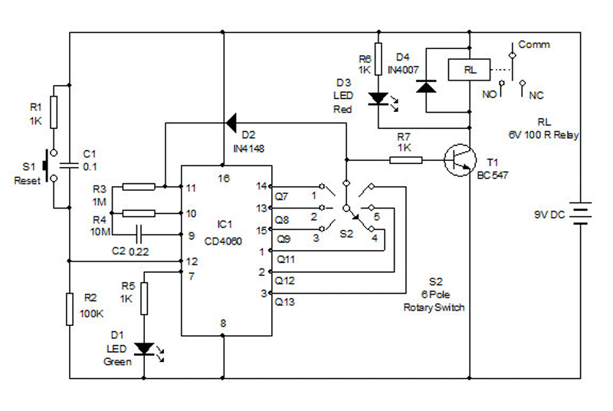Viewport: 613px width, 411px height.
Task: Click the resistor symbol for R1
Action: [x=53, y=111]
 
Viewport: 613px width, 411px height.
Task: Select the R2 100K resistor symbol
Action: [x=69, y=308]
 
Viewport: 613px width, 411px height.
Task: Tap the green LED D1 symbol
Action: [x=143, y=348]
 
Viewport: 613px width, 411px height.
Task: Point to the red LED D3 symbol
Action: [x=377, y=98]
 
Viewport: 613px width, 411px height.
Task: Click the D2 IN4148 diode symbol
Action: [x=230, y=121]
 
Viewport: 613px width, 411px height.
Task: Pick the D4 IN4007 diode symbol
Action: [x=425, y=86]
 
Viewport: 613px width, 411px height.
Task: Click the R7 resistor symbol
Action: [x=405, y=160]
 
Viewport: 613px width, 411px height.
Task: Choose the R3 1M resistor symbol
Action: [x=138, y=186]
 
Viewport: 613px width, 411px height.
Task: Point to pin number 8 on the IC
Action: [x=224, y=324]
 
